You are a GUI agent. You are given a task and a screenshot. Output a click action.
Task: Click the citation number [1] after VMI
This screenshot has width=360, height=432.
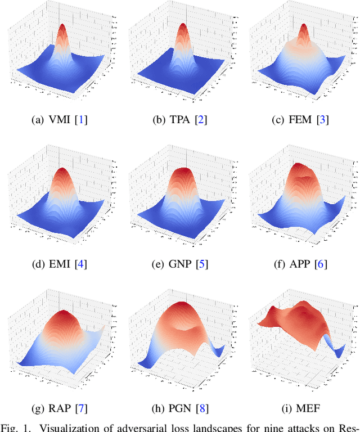tap(83, 120)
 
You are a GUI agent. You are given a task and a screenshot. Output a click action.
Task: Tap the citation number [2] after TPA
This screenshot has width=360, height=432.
tap(201, 120)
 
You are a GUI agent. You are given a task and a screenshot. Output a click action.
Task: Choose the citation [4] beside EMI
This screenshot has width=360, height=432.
tap(82, 263)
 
